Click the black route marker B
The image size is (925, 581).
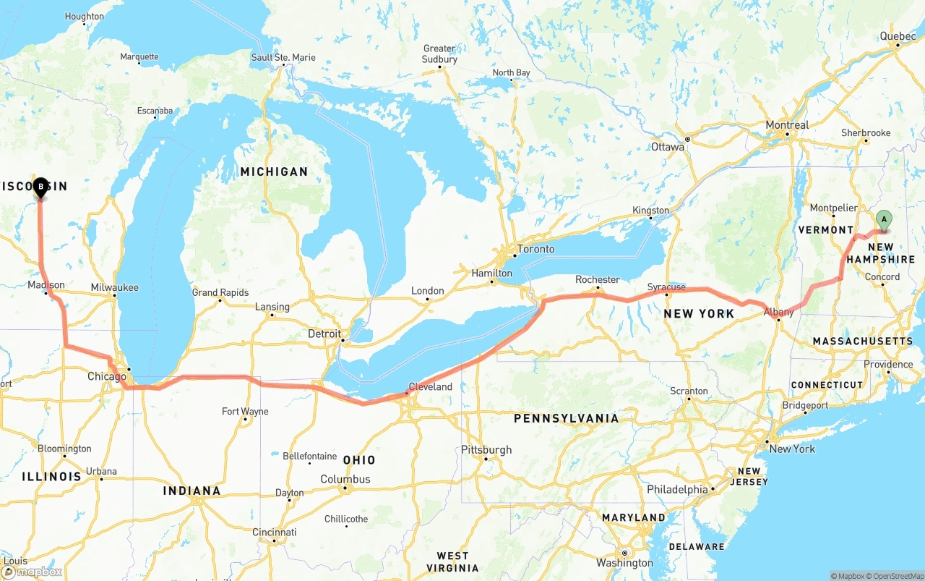(x=40, y=187)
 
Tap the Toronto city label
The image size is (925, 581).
(x=535, y=249)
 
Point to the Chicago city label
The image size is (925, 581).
(x=106, y=376)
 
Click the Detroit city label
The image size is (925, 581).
(x=324, y=334)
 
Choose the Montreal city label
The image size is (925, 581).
(x=787, y=125)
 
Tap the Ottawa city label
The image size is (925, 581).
(x=667, y=147)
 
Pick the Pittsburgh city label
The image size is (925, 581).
(x=486, y=450)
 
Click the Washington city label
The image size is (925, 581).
(x=624, y=563)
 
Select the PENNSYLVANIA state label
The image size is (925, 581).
(x=566, y=418)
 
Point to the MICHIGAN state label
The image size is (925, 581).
(x=274, y=171)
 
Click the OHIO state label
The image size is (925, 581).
(x=359, y=460)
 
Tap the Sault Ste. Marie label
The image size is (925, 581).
(x=283, y=57)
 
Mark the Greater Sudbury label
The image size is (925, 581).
(x=439, y=54)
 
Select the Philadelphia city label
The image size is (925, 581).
(x=677, y=490)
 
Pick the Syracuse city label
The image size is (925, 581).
(x=666, y=287)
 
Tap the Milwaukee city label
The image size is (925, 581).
(x=114, y=287)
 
